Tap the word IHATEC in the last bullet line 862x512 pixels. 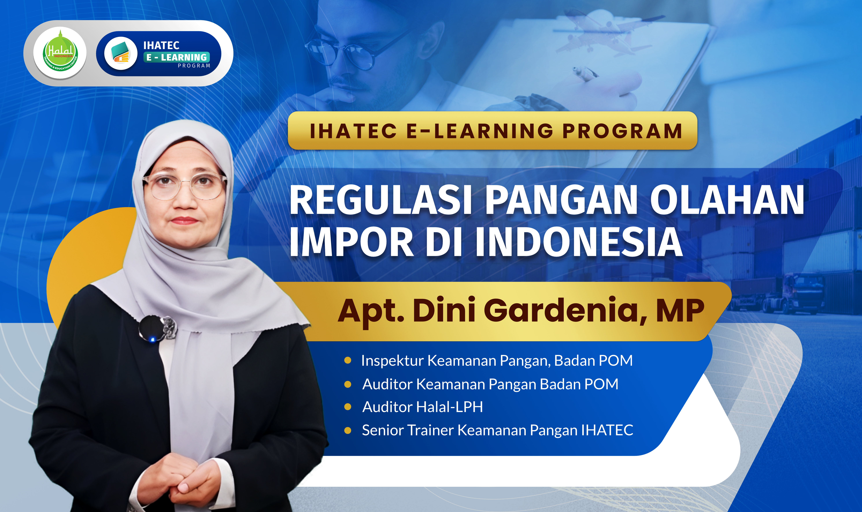tap(607, 430)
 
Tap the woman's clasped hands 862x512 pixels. tap(183, 483)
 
